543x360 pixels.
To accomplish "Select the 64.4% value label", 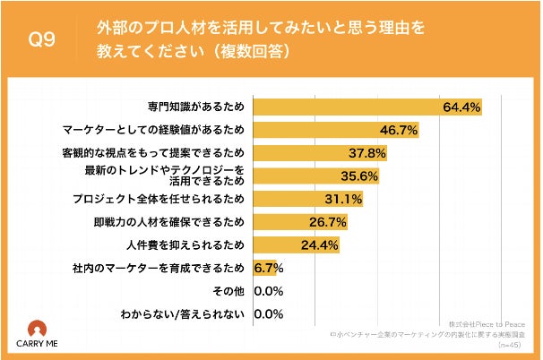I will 462,107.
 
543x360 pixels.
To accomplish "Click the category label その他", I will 232,290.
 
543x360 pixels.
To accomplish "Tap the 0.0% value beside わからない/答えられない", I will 269,313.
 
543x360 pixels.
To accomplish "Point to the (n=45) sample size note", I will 517,342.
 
